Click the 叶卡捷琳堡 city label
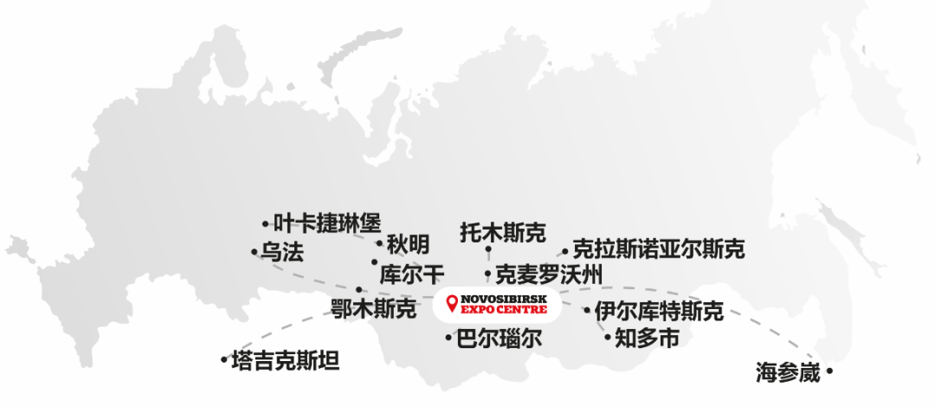326,223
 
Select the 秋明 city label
408,243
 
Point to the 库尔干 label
412,274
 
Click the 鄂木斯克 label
374,307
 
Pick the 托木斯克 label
503,231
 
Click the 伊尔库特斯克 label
659,311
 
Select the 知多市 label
647,337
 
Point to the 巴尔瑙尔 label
499,338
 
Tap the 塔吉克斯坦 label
286,359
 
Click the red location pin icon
451,303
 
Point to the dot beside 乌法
254,252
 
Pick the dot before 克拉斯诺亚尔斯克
564,251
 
